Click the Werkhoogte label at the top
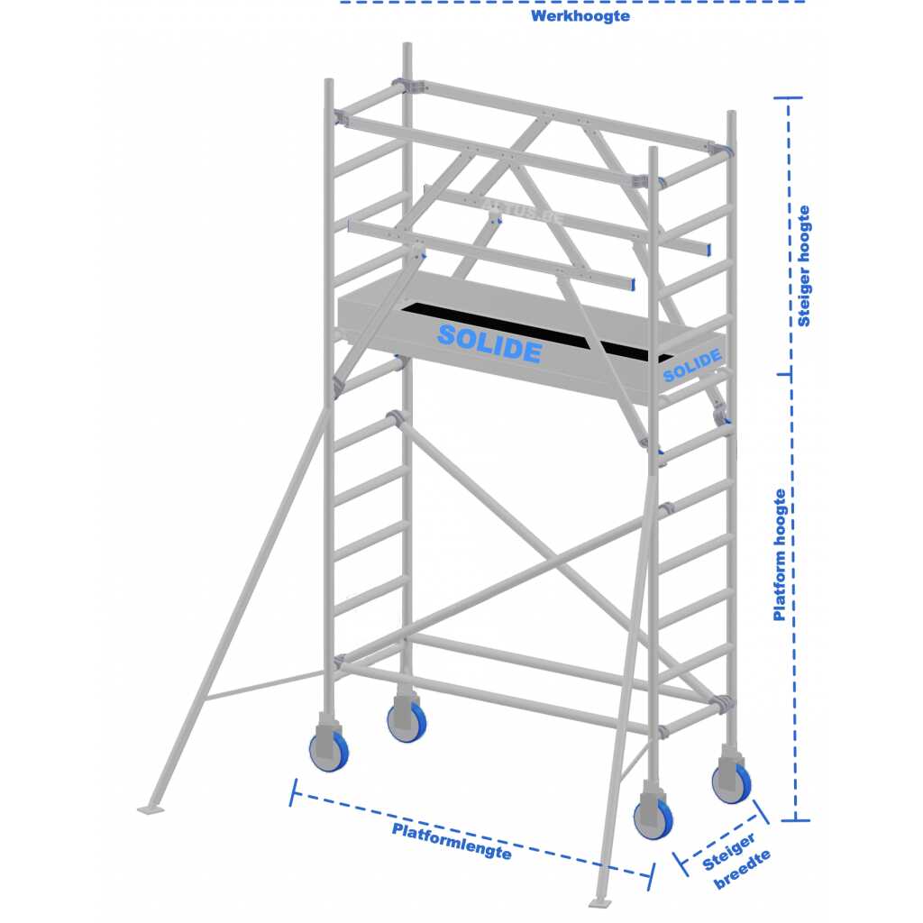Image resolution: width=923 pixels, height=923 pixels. coord(580,16)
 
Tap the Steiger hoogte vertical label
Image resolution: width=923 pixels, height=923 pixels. coord(803,266)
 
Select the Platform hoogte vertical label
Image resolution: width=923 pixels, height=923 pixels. coord(780,555)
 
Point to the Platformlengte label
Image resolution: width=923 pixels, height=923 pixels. coord(452,841)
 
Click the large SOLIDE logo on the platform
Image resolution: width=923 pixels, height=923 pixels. coord(489,343)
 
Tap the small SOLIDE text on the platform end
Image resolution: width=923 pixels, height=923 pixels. coord(692,365)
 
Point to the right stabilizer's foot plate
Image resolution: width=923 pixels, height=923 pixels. coord(600,902)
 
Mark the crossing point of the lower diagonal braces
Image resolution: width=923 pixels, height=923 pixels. coord(553,559)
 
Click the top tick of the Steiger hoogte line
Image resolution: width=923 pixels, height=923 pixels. coord(788,97)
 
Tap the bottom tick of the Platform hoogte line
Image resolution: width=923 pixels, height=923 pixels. coord(795,819)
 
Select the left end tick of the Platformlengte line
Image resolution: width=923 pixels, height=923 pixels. coord(294,792)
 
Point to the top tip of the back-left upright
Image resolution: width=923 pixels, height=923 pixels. coord(407,43)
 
